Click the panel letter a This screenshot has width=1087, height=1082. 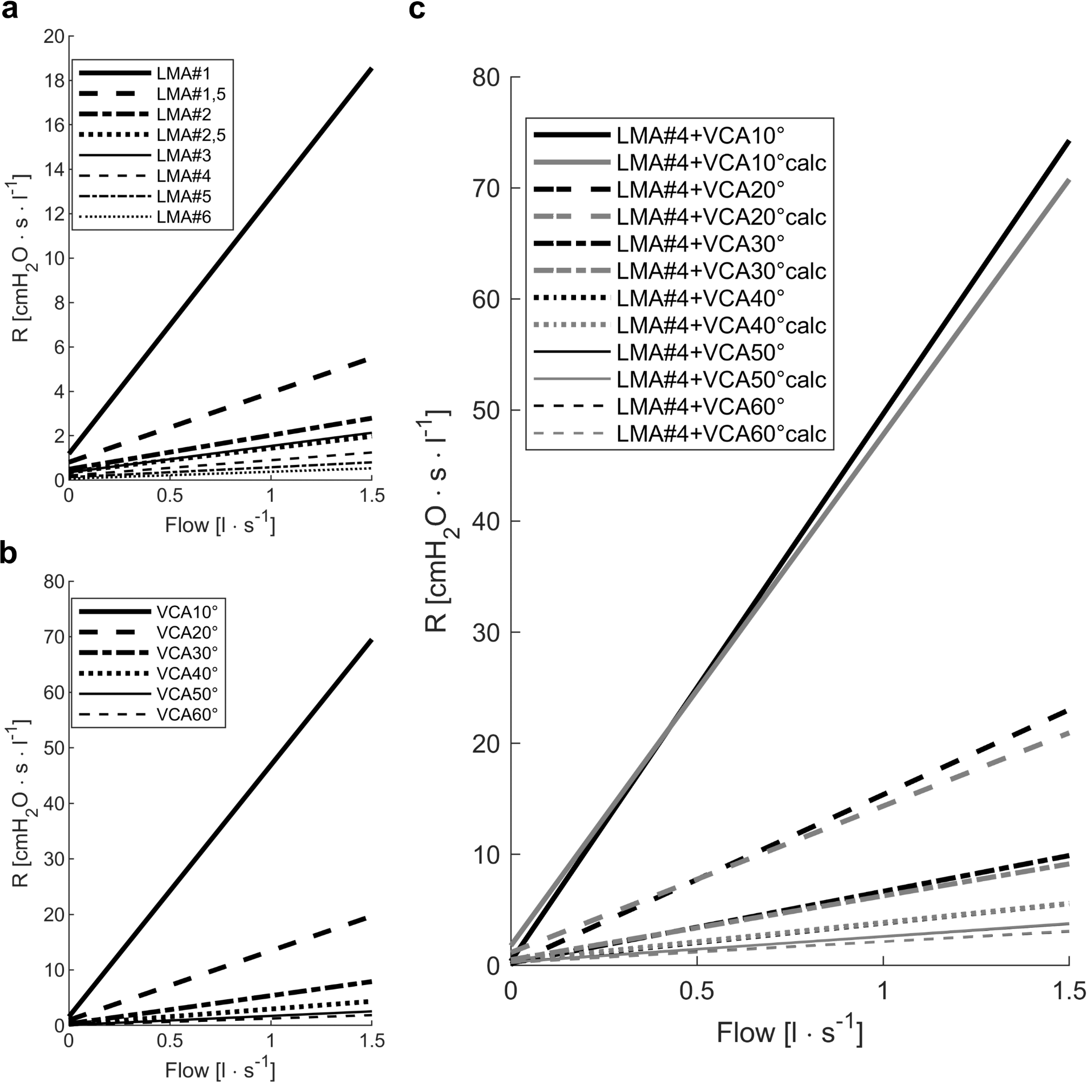[10, 10]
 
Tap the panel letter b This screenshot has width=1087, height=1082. [10, 554]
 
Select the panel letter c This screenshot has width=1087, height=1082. [416, 10]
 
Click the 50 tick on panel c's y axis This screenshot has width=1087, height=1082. [486, 411]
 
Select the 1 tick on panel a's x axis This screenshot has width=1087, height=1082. [271, 496]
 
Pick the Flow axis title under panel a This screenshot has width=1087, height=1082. [220, 525]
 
